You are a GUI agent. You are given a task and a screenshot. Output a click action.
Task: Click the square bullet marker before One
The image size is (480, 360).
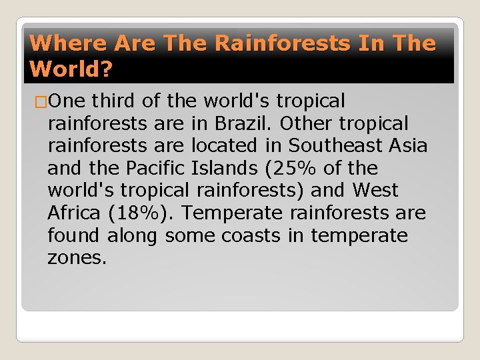point(39,101)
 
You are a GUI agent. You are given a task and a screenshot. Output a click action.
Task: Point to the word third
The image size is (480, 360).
point(113,101)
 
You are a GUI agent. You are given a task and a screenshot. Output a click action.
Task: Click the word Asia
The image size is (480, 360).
point(407,146)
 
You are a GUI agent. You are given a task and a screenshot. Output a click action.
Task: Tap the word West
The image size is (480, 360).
point(375,191)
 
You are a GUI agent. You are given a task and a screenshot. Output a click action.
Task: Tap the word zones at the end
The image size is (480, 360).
point(77,258)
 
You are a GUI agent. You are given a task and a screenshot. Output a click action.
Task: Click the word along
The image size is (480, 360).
point(132,236)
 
